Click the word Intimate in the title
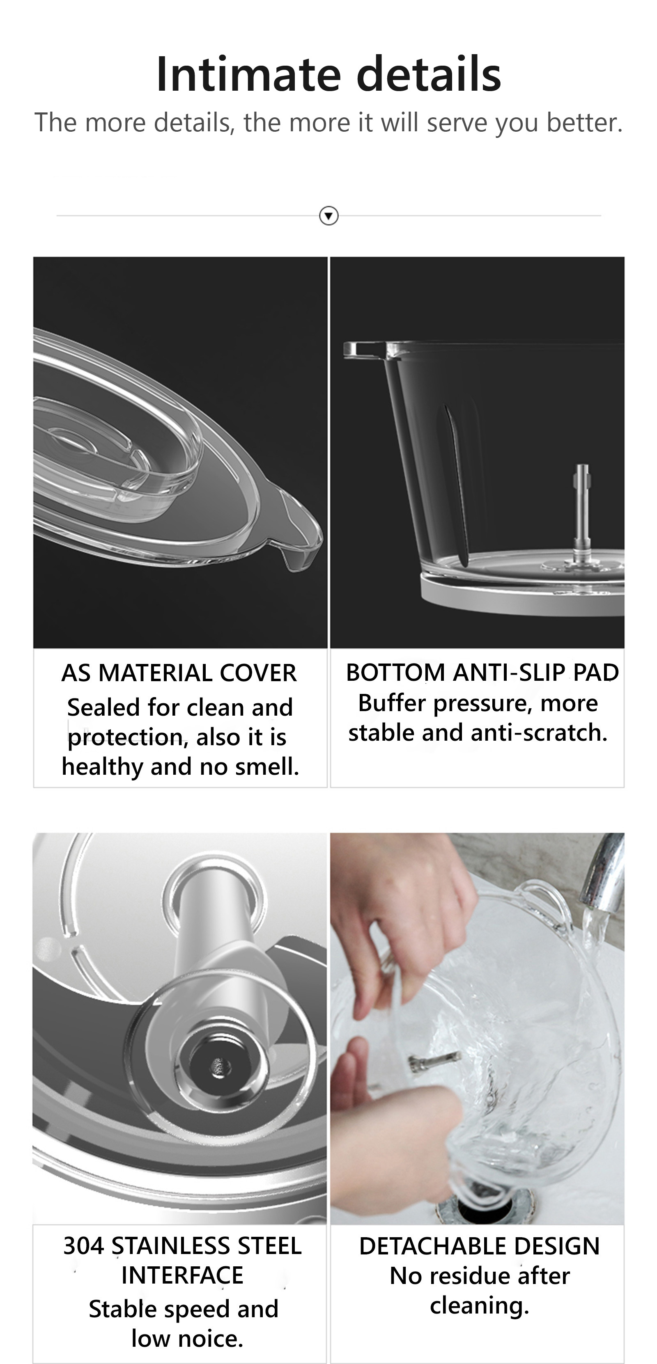(x=248, y=74)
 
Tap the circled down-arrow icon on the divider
(x=328, y=215)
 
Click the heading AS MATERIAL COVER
(x=179, y=673)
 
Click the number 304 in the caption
(x=84, y=1245)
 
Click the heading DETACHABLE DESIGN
(x=480, y=1246)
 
